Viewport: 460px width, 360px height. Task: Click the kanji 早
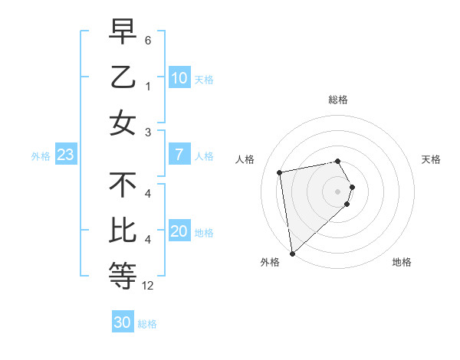(x=123, y=32)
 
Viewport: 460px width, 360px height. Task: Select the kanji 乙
(x=123, y=77)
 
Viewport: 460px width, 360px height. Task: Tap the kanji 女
(x=123, y=123)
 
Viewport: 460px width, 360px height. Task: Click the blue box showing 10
(x=179, y=77)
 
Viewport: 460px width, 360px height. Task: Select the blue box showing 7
(x=179, y=155)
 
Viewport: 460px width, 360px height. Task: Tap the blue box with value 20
(x=179, y=231)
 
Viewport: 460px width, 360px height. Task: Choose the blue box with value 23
(x=66, y=155)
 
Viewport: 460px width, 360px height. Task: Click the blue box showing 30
(x=123, y=322)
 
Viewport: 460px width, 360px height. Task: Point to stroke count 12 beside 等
(x=148, y=286)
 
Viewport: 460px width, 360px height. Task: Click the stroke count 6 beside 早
(x=148, y=39)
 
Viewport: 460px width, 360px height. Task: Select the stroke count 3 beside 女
(x=148, y=133)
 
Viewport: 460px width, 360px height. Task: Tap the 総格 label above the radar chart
(x=338, y=100)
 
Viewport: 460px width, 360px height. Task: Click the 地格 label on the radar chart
(x=402, y=262)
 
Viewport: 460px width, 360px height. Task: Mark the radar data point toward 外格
(x=292, y=253)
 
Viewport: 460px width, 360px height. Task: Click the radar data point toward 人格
(x=280, y=172)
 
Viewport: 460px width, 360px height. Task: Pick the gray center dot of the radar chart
(x=338, y=190)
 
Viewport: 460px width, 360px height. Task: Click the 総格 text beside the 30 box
(x=147, y=324)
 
